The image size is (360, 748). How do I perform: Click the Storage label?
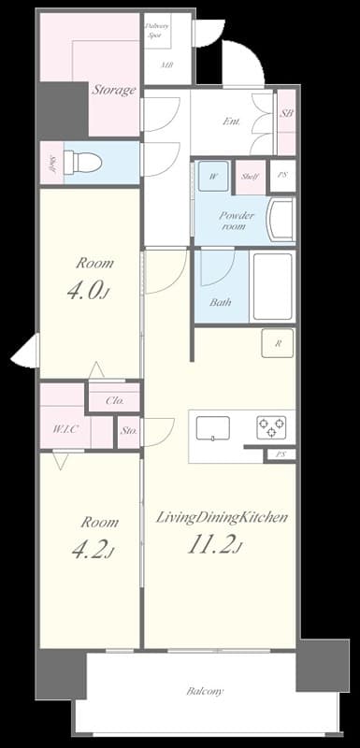(x=113, y=90)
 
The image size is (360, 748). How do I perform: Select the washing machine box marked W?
(x=213, y=176)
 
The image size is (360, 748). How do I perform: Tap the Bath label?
(x=220, y=302)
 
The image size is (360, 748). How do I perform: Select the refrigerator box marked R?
(x=278, y=343)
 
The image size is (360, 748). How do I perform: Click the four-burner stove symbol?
(x=272, y=427)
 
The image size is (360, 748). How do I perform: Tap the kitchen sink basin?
(x=212, y=427)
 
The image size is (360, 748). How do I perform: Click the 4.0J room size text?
(x=89, y=293)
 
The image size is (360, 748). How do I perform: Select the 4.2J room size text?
(x=90, y=549)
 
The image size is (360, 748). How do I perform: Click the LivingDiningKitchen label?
(x=221, y=517)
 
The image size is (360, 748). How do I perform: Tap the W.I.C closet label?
(x=65, y=430)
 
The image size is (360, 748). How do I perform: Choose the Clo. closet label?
(x=114, y=399)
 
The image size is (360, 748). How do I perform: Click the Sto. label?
(x=129, y=432)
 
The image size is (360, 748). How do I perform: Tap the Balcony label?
(x=204, y=692)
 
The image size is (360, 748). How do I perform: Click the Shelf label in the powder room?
(x=249, y=176)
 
